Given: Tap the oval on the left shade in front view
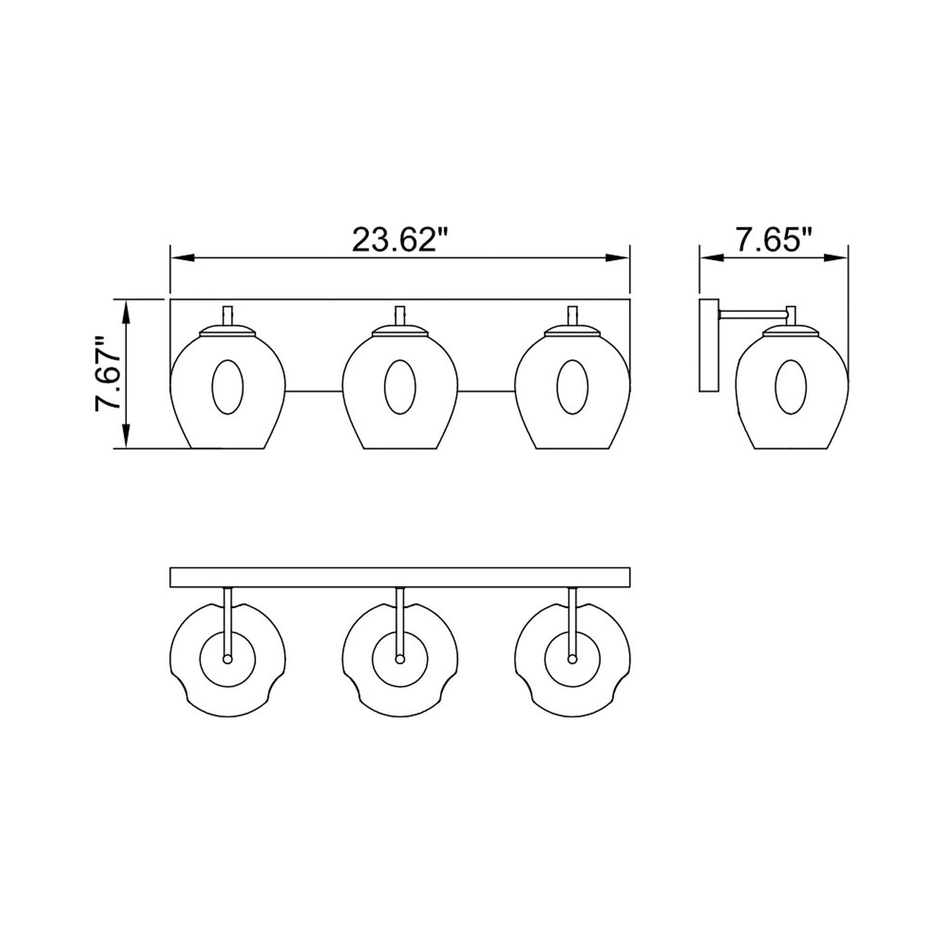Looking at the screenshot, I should [227, 387].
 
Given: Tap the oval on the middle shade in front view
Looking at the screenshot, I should [400, 387].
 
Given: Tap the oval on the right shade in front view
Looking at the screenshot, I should [572, 387].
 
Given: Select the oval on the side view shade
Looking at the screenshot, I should [791, 387].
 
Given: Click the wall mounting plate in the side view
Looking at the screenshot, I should [709, 345].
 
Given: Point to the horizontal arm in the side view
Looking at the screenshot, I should [752, 314].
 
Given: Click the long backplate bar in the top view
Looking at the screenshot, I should [400, 577].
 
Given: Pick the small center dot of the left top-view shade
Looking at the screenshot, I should [227, 659].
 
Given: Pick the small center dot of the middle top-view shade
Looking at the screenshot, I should [400, 659].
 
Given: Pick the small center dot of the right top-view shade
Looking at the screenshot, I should [572, 659].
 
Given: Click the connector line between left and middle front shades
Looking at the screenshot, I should [314, 391].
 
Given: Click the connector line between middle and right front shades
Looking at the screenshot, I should [486, 391].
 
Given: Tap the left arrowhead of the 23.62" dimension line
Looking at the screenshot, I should [182, 258].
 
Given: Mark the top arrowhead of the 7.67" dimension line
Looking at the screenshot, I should [127, 312].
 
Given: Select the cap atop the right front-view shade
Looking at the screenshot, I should [572, 331].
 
